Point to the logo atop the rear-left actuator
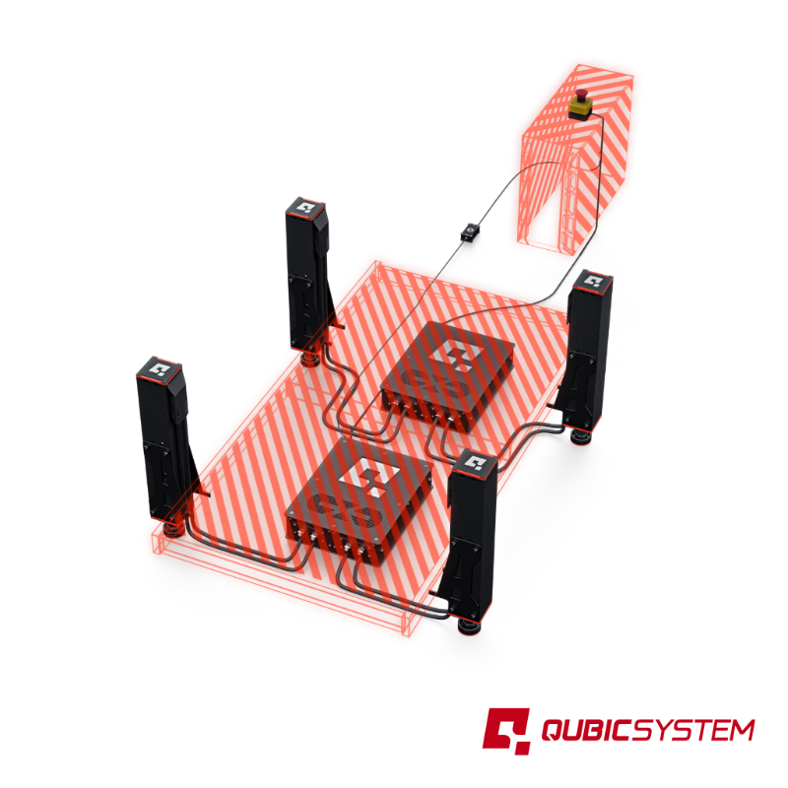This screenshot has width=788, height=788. pos(305,208)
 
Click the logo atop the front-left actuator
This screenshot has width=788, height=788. pos(160,369)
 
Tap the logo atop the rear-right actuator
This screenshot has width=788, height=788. pos(593,281)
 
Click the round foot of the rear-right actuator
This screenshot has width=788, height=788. pos(582,433)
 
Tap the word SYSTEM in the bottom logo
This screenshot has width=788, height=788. pos(695,731)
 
